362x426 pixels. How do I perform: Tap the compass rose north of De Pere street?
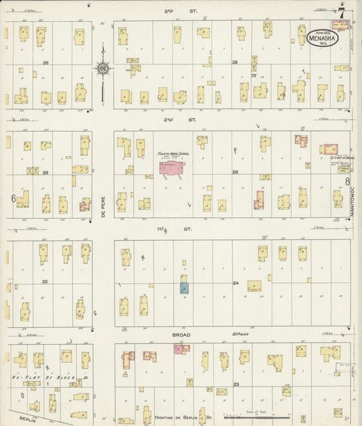click(x=103, y=68)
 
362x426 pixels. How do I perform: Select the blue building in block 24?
click(x=183, y=287)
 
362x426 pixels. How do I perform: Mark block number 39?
click(x=235, y=62)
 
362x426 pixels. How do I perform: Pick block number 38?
click(x=46, y=62)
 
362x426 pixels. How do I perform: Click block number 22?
click(x=45, y=281)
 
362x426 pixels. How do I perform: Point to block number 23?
click(x=236, y=385)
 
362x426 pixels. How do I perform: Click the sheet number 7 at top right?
click(x=342, y=12)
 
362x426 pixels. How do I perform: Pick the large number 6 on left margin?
click(x=13, y=198)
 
